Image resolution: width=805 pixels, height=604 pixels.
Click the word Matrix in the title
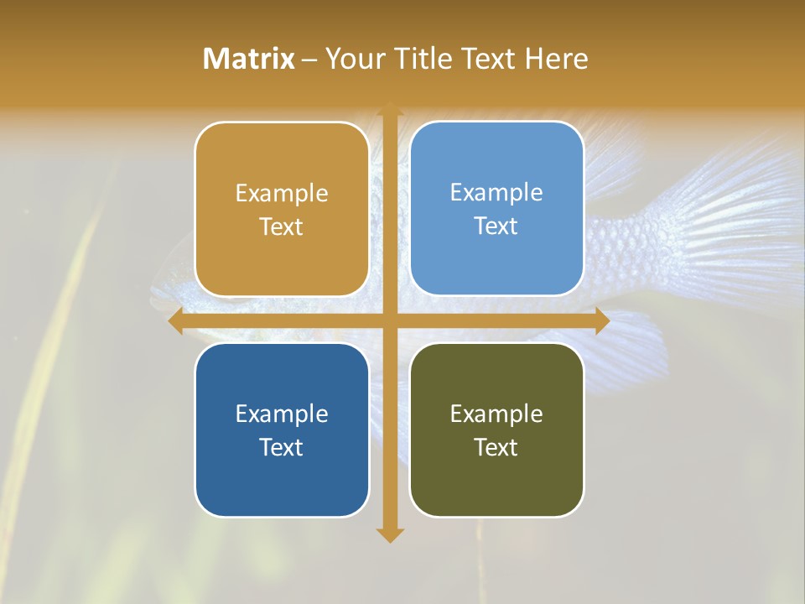tap(248, 59)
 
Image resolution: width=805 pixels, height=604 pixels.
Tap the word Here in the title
tap(556, 59)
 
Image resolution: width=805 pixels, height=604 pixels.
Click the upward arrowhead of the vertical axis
tap(389, 109)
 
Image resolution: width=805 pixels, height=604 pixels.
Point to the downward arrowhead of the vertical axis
tap(389, 535)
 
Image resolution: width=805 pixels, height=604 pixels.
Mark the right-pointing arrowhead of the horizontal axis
tap(601, 321)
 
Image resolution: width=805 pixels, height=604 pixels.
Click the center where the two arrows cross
tap(389, 321)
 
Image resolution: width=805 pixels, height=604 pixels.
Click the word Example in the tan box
tap(282, 194)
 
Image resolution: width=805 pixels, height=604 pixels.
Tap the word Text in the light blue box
tap(496, 226)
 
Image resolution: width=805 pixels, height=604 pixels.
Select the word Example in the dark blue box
tap(282, 414)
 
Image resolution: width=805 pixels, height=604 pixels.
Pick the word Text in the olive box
tap(496, 447)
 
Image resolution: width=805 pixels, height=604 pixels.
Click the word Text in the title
tap(487, 59)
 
